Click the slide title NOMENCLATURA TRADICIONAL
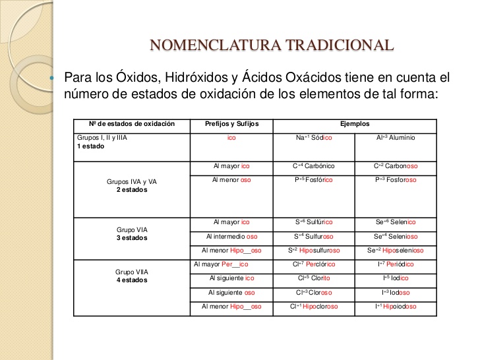coord(272,45)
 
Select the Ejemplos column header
coord(355,124)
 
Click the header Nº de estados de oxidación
coord(132,124)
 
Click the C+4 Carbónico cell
coord(314,167)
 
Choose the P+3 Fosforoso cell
coord(396,179)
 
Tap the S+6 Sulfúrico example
coord(314,222)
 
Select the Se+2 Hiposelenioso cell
coord(396,251)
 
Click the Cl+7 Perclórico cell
coord(314,264)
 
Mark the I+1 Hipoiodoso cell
coord(396,307)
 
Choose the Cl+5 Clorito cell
coord(314,278)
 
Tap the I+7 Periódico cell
coord(396,264)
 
